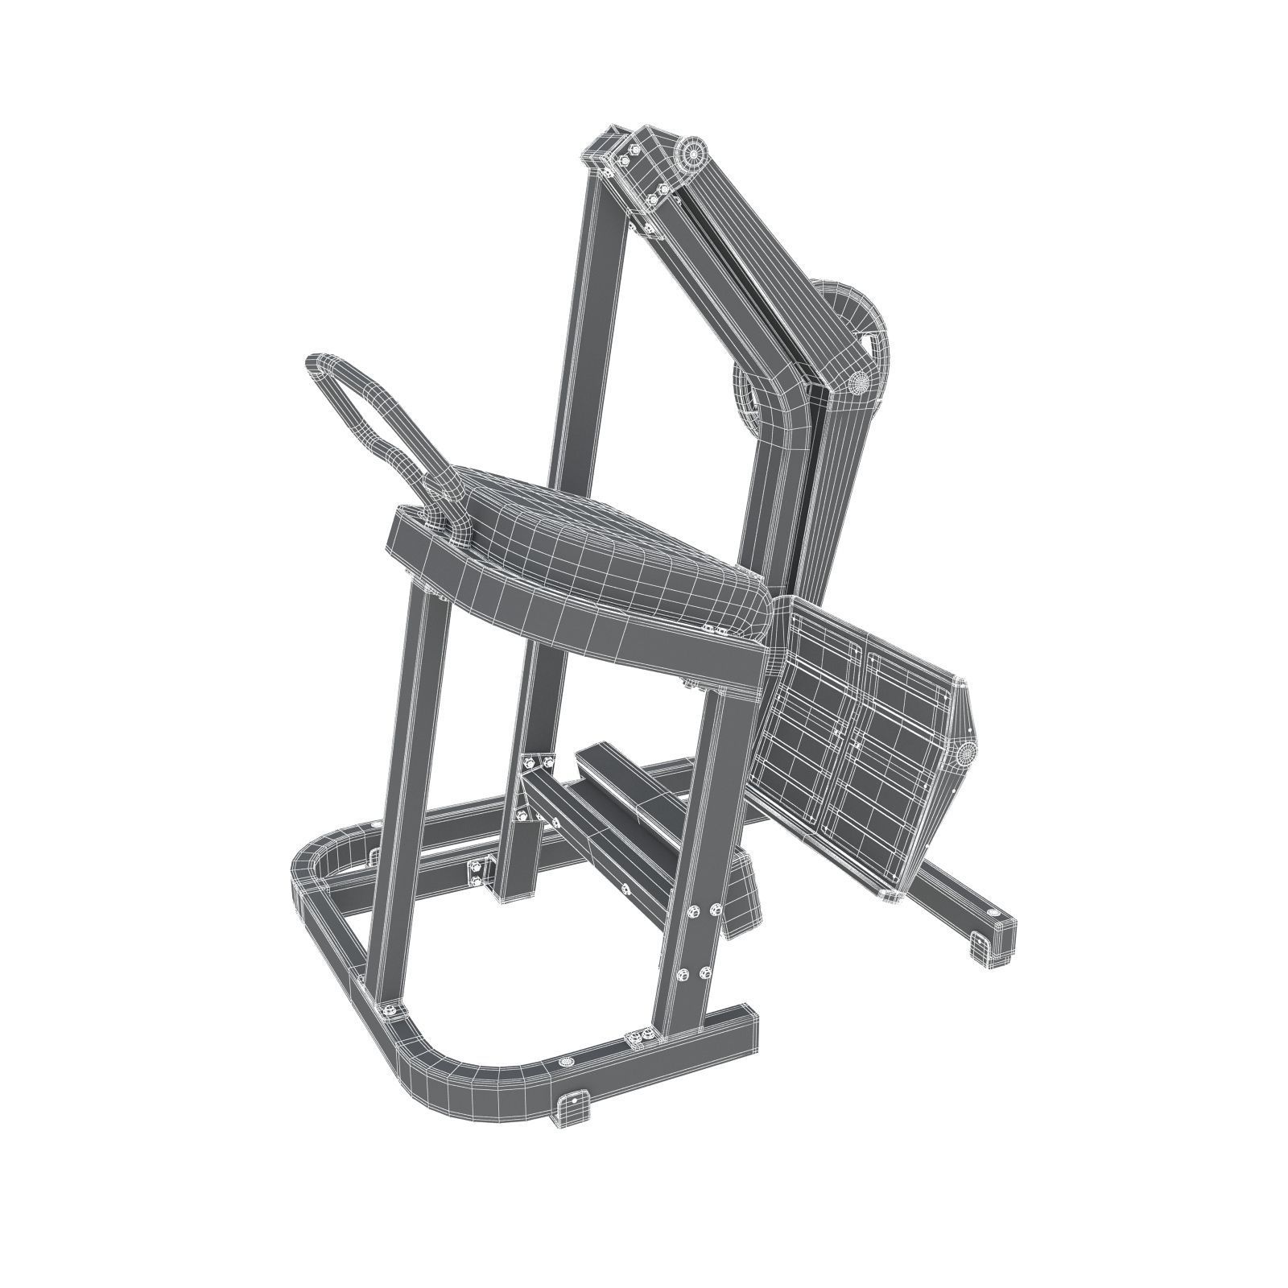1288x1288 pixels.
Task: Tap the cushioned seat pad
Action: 612,555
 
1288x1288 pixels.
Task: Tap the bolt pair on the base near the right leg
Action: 641,1038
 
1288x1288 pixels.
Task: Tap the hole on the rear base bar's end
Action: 993,915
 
